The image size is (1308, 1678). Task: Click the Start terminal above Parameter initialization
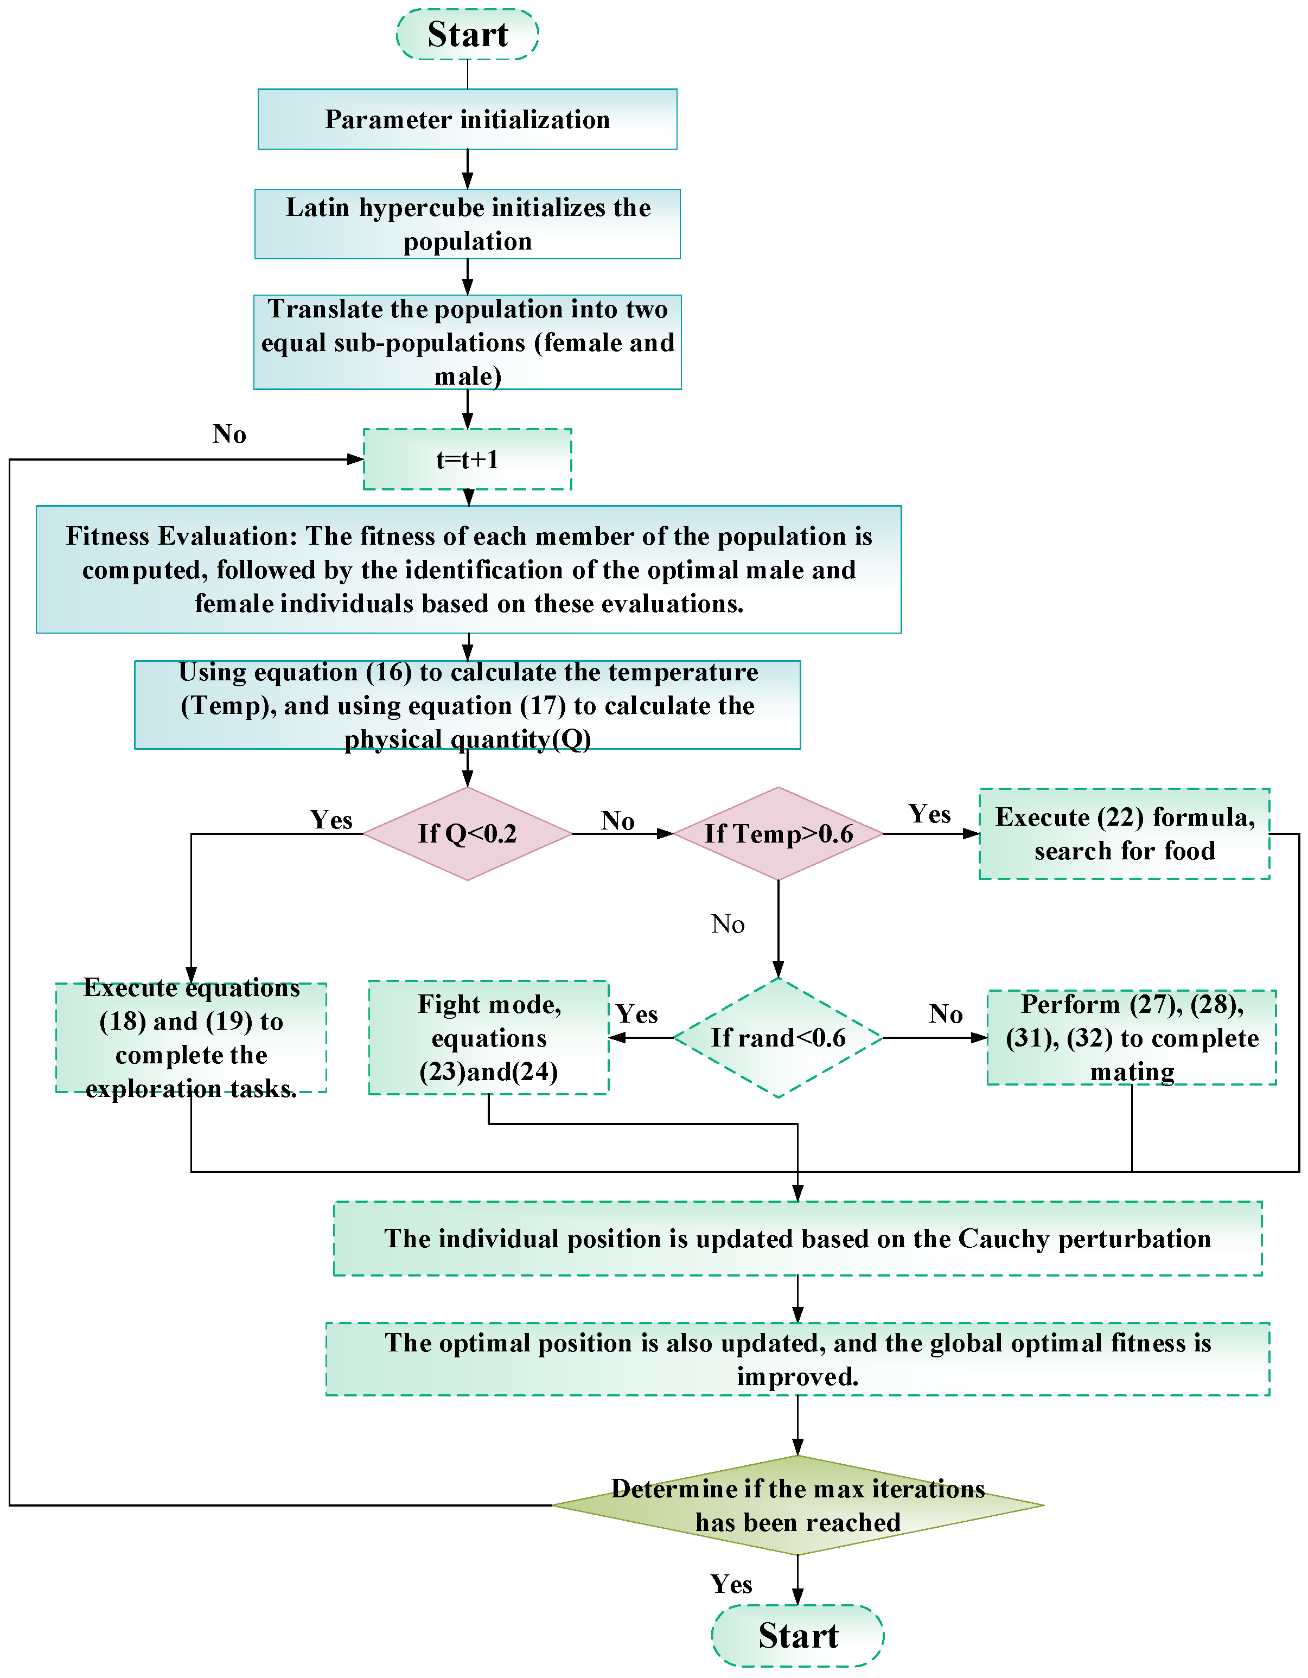click(x=467, y=35)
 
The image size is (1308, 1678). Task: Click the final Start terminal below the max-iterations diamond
click(x=797, y=1635)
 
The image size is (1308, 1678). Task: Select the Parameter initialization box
click(x=467, y=119)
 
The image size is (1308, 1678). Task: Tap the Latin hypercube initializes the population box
click(x=467, y=224)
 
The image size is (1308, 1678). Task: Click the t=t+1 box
click(x=467, y=460)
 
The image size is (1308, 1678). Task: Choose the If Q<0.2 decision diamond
click(x=467, y=834)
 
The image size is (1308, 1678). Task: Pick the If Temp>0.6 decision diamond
click(x=778, y=834)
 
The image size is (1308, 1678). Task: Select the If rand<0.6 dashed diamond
click(x=778, y=1038)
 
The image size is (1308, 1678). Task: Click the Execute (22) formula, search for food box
click(x=1124, y=834)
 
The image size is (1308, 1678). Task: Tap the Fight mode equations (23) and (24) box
click(x=489, y=1037)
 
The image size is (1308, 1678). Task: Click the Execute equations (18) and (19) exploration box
click(x=192, y=1038)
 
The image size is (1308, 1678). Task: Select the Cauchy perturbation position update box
click(x=797, y=1239)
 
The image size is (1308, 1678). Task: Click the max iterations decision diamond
click(x=797, y=1505)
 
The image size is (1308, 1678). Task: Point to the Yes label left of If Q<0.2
click(x=331, y=820)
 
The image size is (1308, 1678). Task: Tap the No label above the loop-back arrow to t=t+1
click(x=229, y=434)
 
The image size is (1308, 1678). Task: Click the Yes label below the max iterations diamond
click(x=731, y=1584)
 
